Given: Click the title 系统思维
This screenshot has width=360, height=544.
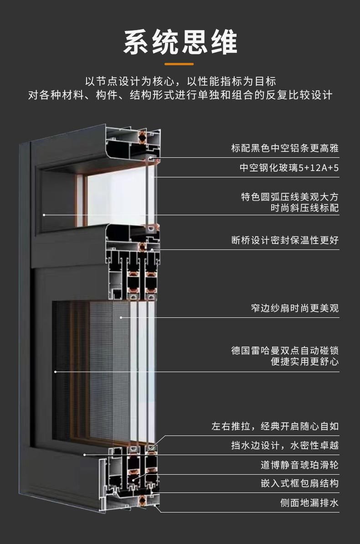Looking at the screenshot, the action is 180,43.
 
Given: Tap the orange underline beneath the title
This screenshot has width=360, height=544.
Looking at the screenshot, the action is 180,64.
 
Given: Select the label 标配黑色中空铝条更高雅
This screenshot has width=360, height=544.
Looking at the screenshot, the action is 285,148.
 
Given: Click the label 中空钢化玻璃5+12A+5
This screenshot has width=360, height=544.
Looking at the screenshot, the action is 289,168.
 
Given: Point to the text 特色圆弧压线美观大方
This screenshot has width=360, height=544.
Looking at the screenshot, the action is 290,197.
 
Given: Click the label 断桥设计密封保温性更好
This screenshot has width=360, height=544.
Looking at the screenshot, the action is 285,240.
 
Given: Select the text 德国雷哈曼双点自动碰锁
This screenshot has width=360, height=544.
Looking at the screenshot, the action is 285,351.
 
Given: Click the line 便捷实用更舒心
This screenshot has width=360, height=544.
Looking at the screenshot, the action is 304,362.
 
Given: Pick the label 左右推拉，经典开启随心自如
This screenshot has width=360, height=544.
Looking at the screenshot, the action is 275,427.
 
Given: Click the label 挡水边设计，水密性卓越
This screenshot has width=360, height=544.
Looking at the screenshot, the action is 285,445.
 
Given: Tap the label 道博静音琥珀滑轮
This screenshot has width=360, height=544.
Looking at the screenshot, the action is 299,465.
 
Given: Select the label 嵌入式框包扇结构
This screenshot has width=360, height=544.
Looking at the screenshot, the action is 299,483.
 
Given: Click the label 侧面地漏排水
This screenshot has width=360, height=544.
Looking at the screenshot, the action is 309,503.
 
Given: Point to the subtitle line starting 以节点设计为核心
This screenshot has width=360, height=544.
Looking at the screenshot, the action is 180,82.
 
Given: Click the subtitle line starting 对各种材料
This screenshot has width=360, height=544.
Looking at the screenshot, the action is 180,95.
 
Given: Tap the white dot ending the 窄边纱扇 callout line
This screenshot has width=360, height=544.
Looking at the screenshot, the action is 121,317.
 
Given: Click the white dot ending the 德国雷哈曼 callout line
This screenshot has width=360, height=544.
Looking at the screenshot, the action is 56,372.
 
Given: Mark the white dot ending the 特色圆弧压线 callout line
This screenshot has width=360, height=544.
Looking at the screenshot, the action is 44,214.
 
